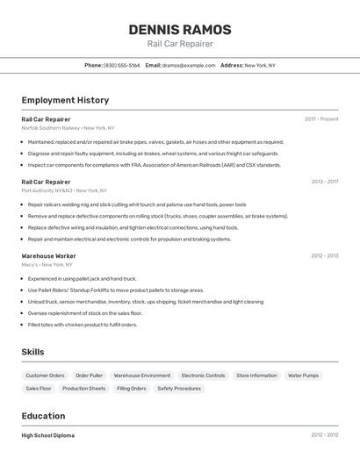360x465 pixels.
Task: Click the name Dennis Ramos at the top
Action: (180, 29)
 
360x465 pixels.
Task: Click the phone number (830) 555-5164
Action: (121, 65)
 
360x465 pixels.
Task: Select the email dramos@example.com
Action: (189, 65)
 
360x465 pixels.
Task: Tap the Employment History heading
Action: (65, 100)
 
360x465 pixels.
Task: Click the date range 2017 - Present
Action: (321, 118)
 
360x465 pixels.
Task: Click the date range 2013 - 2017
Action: (324, 182)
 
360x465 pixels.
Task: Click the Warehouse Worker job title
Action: (48, 255)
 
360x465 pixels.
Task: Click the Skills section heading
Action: (32, 352)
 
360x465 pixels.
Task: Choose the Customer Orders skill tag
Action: (45, 376)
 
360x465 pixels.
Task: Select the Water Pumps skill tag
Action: (303, 376)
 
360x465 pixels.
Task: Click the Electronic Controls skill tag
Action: (203, 376)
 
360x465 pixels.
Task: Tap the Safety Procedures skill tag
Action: (179, 388)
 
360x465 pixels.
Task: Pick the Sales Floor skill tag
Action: (39, 388)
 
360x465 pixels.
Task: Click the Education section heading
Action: (43, 416)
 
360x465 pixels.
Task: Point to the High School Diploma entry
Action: (48, 435)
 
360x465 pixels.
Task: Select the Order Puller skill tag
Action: (90, 376)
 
